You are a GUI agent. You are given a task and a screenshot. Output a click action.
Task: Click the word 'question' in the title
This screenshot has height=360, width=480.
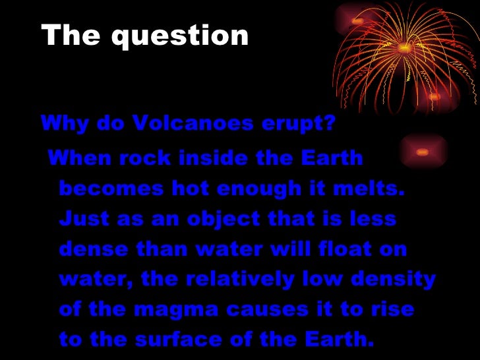pos(179,36)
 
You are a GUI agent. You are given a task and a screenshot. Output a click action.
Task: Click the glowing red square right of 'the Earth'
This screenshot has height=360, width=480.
pos(421,152)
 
